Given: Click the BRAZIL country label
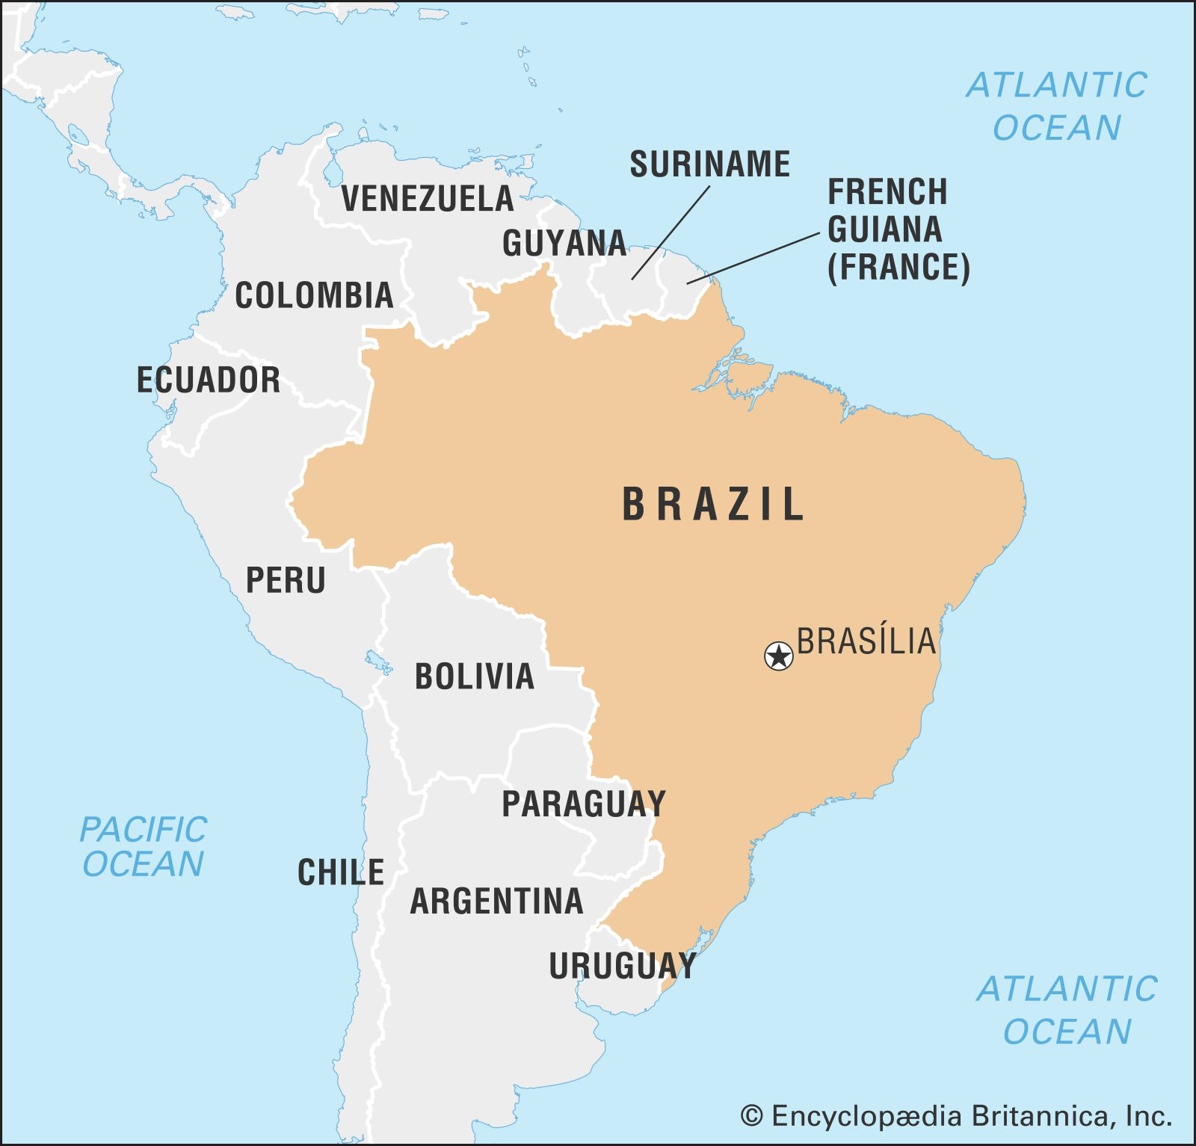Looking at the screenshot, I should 713,504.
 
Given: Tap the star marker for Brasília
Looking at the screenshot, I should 779,656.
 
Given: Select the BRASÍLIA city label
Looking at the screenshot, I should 866,641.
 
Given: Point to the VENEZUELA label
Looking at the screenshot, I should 428,198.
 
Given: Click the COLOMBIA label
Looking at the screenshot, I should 314,295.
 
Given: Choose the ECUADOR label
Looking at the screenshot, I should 209,380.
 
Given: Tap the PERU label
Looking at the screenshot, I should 286,580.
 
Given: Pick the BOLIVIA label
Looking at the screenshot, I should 475,677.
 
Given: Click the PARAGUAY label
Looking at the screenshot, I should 583,804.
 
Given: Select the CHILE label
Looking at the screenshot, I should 341,872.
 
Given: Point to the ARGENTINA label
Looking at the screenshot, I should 496,901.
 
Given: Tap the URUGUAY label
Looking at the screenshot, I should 623,966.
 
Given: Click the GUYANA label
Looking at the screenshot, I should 564,243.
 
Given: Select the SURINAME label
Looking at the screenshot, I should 709,164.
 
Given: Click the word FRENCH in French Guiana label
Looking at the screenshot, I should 887,192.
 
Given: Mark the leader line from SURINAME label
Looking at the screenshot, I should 671,232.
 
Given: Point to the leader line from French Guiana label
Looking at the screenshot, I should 753,258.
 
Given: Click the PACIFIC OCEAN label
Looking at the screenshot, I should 143,847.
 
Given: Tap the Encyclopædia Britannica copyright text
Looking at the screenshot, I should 956,1116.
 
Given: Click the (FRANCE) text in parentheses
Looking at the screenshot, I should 898,267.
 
